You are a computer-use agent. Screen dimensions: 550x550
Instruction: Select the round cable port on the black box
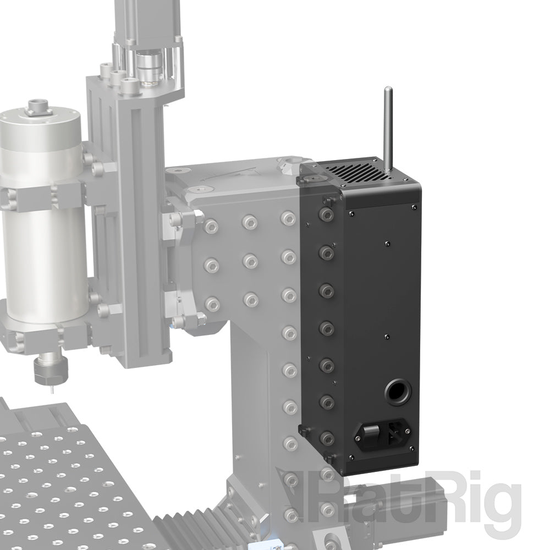click(x=396, y=392)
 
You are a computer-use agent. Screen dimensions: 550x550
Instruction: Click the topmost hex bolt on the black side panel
click(x=327, y=213)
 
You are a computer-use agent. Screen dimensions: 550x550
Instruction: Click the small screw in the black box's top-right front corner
click(x=413, y=207)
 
